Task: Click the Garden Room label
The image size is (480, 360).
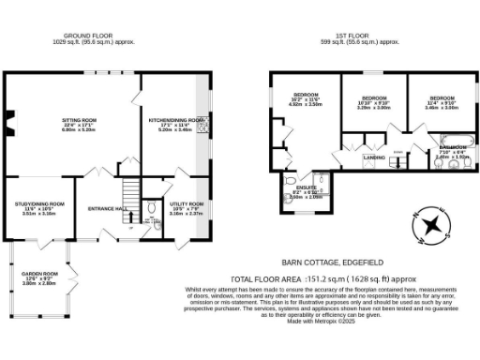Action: (x=39, y=277)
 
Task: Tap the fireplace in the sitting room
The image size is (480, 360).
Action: (x=8, y=118)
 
